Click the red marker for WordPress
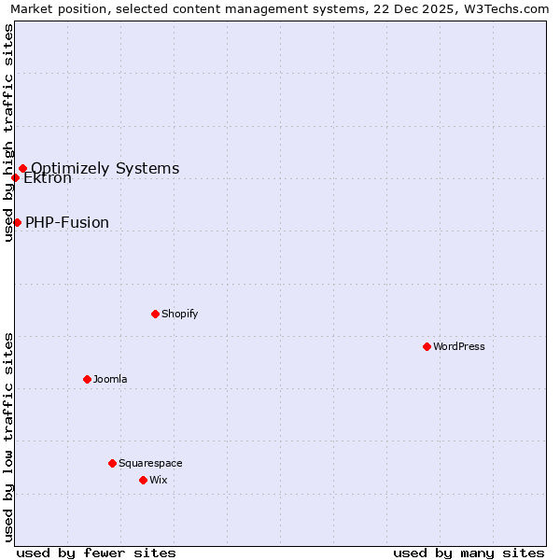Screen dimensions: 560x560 [x=427, y=346]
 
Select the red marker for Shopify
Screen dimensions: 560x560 [x=155, y=314]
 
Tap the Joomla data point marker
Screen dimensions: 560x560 [x=87, y=379]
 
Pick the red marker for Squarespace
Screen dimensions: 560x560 [x=112, y=463]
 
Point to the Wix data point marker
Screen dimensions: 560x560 [x=143, y=480]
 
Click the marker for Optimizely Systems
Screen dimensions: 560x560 [x=22, y=169]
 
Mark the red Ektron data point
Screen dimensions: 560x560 [x=15, y=177]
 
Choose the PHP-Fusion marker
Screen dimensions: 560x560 [x=17, y=222]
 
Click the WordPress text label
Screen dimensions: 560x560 [x=459, y=346]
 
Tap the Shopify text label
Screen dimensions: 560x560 [x=180, y=314]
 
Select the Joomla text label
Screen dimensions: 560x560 [x=110, y=379]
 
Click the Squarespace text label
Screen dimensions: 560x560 [x=150, y=463]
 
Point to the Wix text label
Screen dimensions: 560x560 [x=158, y=480]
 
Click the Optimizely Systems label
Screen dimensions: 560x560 [x=105, y=169]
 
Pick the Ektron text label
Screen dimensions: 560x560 [x=48, y=178]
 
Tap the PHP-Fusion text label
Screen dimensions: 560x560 [x=67, y=222]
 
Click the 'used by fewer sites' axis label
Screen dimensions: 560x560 [x=96, y=553]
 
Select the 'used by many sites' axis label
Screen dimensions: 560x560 [x=469, y=553]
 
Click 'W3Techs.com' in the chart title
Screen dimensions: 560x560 [x=508, y=9]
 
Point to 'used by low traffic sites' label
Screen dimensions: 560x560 [x=9, y=436]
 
